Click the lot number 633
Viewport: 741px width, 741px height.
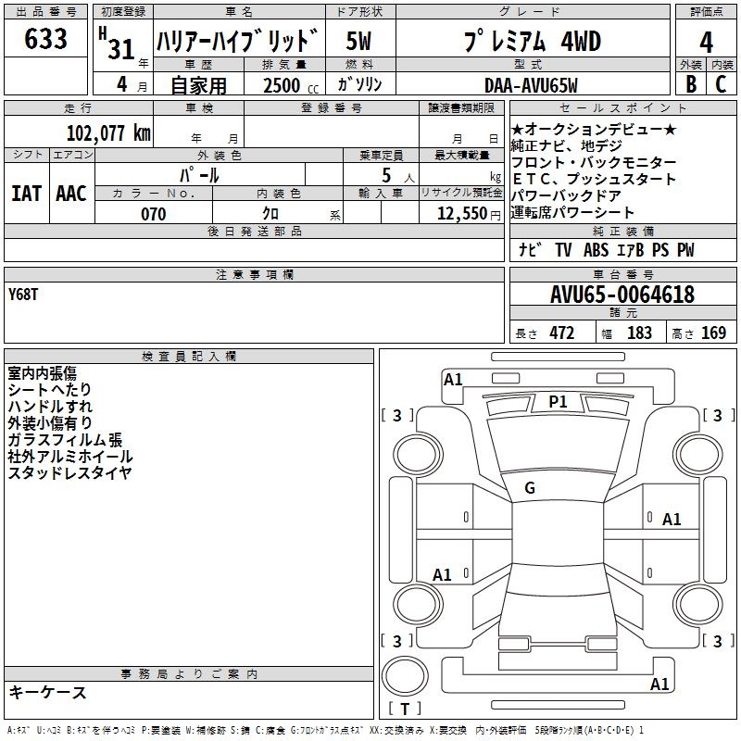coord(45,38)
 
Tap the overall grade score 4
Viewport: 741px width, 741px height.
coord(706,42)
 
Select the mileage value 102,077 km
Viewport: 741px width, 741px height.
coord(108,133)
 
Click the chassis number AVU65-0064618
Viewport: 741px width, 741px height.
coord(622,295)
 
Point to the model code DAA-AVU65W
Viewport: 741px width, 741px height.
coord(531,85)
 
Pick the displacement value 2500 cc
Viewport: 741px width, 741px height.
coord(291,85)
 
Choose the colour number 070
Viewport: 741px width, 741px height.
coord(154,214)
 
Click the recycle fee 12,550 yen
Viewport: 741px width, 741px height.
coord(469,214)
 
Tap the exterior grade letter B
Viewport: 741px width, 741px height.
coord(691,84)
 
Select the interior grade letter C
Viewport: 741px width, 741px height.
coord(721,84)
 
